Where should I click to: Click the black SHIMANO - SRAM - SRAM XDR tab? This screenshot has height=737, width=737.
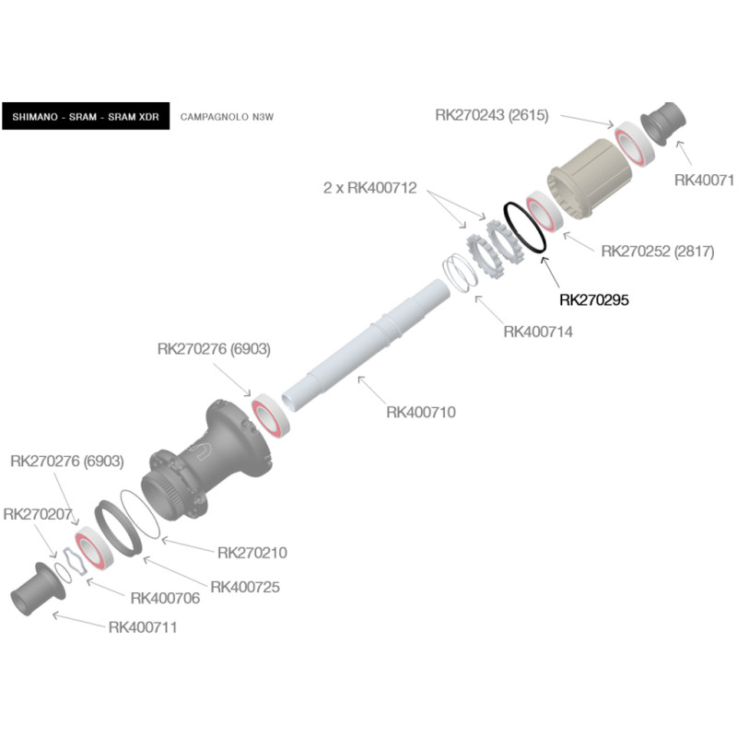tap(86, 116)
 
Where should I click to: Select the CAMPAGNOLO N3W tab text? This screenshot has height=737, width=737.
tap(228, 117)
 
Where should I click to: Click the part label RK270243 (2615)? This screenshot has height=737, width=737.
tap(492, 115)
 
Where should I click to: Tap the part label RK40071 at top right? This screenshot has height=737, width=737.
tap(704, 181)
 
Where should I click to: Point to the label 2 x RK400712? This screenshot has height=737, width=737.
tap(369, 188)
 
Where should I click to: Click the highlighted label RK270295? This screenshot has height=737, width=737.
tap(594, 298)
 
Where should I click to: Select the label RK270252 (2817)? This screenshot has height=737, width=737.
tap(657, 251)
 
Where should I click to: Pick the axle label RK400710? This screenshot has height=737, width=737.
tap(420, 412)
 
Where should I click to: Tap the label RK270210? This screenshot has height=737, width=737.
tap(252, 553)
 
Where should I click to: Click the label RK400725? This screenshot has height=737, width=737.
tap(245, 587)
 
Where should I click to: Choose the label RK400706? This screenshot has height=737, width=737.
tap(166, 598)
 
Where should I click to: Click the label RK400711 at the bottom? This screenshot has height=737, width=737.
tap(143, 627)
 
